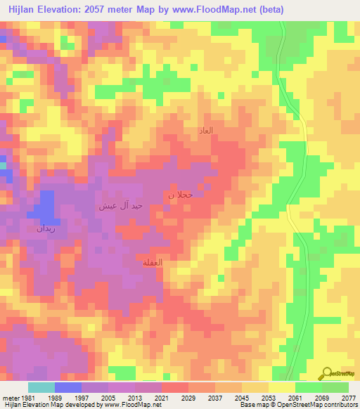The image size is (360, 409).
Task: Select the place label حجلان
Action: [179, 194]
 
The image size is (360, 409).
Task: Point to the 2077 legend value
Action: [349, 398]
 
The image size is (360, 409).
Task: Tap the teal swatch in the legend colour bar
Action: [41, 387]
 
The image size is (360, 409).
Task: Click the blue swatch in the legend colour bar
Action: [68, 387]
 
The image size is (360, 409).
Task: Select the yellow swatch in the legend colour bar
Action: [281, 387]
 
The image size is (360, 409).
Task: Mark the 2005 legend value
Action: [109, 398]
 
